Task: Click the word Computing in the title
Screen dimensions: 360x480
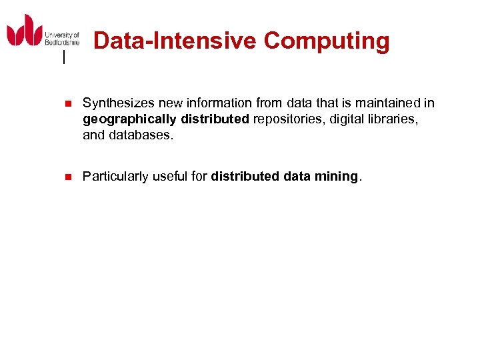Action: [327, 41]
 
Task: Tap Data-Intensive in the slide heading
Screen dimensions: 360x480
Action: [175, 41]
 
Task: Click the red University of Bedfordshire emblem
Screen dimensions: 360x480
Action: [25, 30]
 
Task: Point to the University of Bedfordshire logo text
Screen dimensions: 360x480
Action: [61, 39]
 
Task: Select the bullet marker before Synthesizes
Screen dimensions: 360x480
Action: [66, 104]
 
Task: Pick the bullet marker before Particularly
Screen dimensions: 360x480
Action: [66, 177]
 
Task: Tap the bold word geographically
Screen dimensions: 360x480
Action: [129, 119]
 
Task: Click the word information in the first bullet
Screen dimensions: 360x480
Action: [213, 103]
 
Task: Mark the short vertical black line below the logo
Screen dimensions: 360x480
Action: [64, 58]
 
